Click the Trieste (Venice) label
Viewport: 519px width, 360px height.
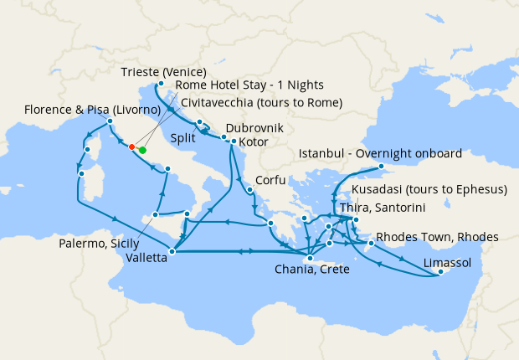tap(163, 71)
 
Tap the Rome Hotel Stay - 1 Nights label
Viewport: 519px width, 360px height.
tap(249, 85)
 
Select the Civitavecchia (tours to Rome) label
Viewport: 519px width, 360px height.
tap(261, 103)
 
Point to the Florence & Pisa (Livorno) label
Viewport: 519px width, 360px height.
tap(92, 110)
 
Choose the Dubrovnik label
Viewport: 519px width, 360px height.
tap(254, 129)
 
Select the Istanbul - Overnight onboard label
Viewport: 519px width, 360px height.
tap(380, 154)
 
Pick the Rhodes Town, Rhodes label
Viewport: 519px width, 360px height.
tap(438, 237)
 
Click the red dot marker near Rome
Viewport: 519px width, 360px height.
tap(131, 147)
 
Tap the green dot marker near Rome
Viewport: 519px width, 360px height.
tap(141, 150)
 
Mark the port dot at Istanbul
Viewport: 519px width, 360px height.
tap(381, 167)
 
